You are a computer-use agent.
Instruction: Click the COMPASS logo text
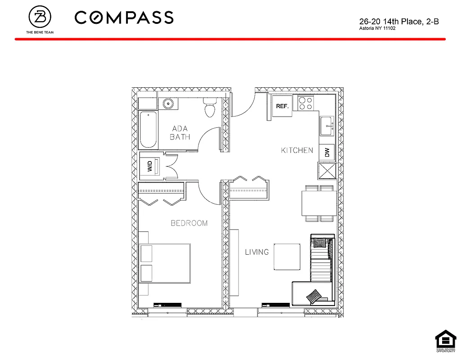tap(124, 18)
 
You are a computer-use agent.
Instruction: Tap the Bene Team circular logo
tap(40, 17)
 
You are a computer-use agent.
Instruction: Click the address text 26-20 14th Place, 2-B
tap(399, 21)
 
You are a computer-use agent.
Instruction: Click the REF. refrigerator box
tap(282, 106)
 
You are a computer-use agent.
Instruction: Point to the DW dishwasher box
tap(327, 153)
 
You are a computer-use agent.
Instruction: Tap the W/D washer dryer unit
tap(150, 166)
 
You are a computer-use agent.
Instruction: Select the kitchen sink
tap(326, 126)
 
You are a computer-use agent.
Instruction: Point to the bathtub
tap(148, 130)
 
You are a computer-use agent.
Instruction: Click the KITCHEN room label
tap(297, 150)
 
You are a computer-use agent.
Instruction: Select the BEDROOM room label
tap(189, 223)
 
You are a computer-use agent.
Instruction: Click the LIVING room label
tap(257, 252)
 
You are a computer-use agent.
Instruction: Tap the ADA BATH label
tap(180, 133)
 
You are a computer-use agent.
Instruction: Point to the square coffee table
tap(286, 257)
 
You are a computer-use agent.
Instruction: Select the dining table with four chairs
tap(319, 203)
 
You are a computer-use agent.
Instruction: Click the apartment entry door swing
tap(244, 106)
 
